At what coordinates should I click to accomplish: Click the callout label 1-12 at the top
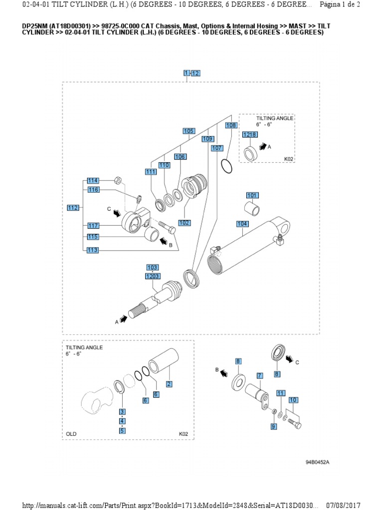(x=191, y=73)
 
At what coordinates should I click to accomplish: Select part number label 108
(x=231, y=126)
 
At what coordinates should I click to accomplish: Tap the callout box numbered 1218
(x=249, y=135)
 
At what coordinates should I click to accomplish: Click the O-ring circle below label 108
(x=226, y=166)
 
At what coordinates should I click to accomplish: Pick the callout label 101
(x=252, y=195)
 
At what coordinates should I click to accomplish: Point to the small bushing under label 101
(x=252, y=209)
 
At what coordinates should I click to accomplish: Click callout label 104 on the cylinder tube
(x=242, y=224)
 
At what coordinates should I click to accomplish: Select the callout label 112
(x=73, y=208)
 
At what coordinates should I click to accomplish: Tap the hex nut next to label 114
(x=118, y=180)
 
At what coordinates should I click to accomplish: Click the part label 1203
(x=152, y=276)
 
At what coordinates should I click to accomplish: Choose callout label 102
(x=184, y=223)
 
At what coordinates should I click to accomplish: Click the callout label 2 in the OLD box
(x=169, y=383)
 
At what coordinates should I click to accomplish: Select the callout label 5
(x=122, y=431)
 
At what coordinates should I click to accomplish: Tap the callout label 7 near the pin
(x=259, y=376)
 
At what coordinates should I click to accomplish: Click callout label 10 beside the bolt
(x=293, y=400)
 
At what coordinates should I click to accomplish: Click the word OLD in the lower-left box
(x=71, y=434)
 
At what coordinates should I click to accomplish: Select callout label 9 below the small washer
(x=273, y=427)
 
